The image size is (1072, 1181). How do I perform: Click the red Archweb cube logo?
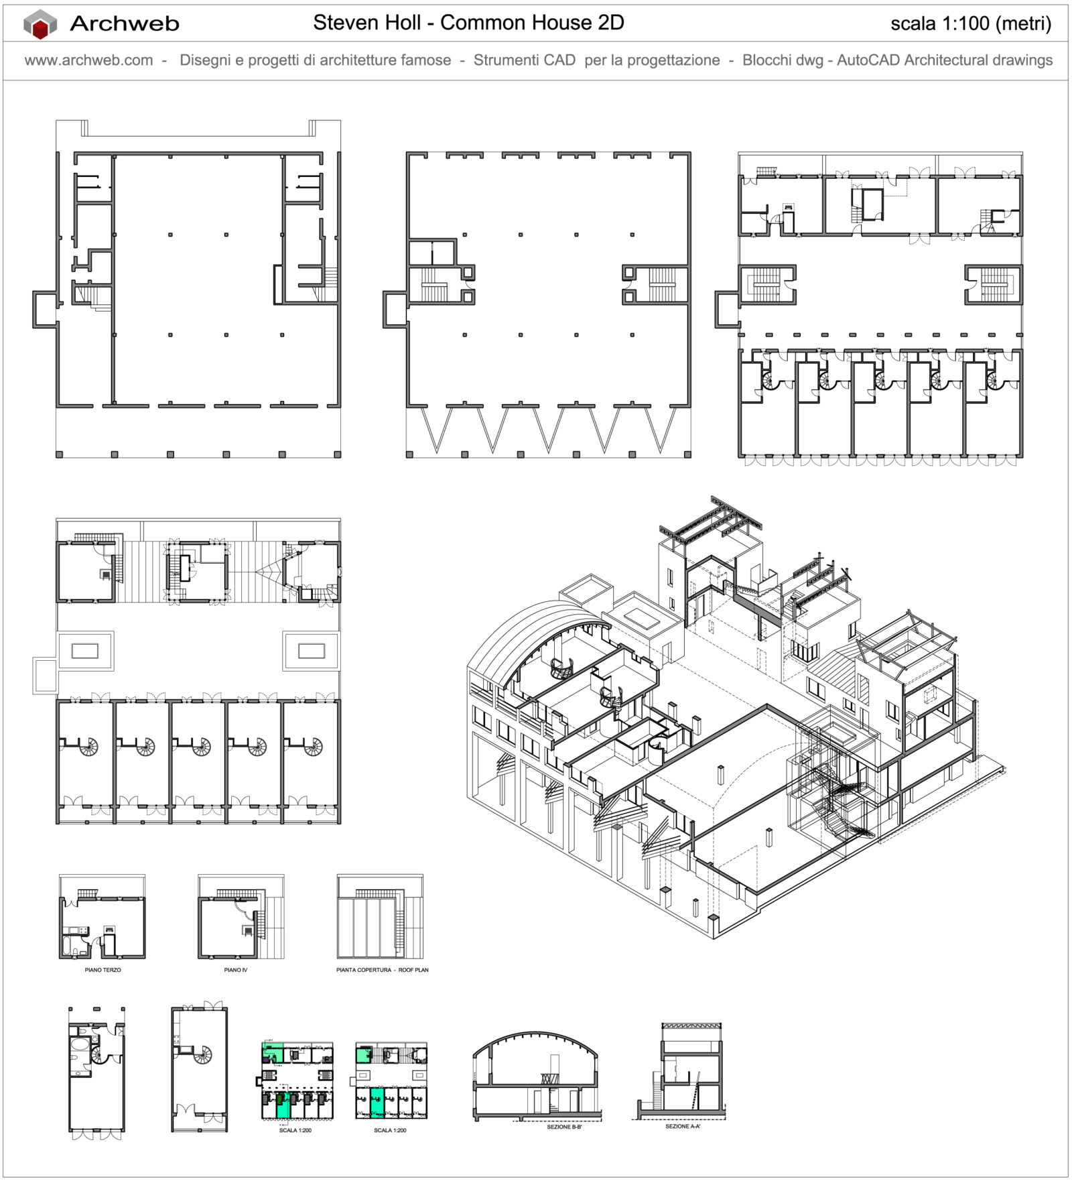40,25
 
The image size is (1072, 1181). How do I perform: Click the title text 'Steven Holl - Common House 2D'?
468,23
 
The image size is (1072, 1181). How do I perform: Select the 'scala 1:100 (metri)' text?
970,23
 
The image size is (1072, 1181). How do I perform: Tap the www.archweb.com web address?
88,60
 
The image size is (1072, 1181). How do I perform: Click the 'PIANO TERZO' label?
103,970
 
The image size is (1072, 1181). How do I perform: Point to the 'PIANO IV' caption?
235,970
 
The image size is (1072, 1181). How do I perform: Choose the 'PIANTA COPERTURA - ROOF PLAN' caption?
382,970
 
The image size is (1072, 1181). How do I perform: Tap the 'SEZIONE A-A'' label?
682,1126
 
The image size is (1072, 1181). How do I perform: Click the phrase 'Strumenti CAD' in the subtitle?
524,60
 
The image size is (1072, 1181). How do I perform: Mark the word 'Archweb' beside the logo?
125,24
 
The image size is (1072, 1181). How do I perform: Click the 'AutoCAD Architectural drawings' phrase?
945,60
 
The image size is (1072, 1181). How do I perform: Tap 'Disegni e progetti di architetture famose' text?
315,60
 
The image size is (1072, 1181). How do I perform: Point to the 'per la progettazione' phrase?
652,60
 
